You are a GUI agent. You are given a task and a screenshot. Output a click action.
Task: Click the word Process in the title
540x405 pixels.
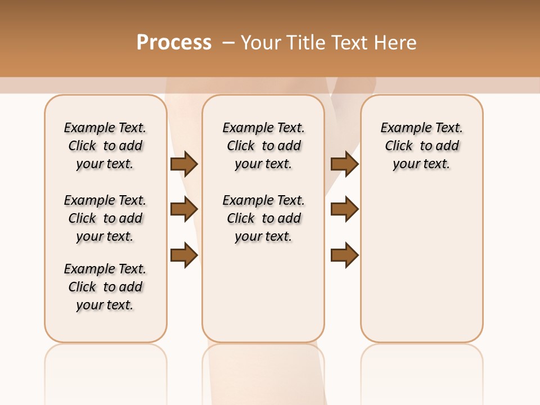click(174, 42)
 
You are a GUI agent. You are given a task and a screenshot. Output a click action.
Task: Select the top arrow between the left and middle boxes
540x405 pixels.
click(183, 164)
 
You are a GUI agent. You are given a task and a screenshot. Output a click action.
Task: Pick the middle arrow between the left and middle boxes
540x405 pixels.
click(183, 210)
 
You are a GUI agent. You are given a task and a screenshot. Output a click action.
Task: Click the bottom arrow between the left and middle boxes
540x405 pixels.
click(183, 255)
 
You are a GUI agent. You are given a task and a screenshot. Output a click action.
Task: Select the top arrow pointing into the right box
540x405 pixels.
click(344, 164)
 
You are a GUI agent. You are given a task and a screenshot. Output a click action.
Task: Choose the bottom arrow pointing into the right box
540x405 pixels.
click(344, 255)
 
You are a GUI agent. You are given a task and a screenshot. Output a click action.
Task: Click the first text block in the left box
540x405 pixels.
click(105, 146)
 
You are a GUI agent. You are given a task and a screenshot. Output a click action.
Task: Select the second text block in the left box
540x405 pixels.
click(105, 218)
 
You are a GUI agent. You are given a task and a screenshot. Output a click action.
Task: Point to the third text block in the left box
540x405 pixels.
click(105, 287)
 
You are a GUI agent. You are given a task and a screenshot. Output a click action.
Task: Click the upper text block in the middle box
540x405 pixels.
click(263, 146)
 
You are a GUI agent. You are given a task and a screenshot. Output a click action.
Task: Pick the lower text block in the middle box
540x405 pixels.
click(263, 218)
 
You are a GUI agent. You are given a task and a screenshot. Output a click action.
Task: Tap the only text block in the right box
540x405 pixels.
click(421, 146)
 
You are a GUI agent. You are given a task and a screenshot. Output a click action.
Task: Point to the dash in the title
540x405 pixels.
click(228, 42)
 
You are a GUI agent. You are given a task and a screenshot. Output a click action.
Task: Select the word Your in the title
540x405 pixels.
click(262, 43)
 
